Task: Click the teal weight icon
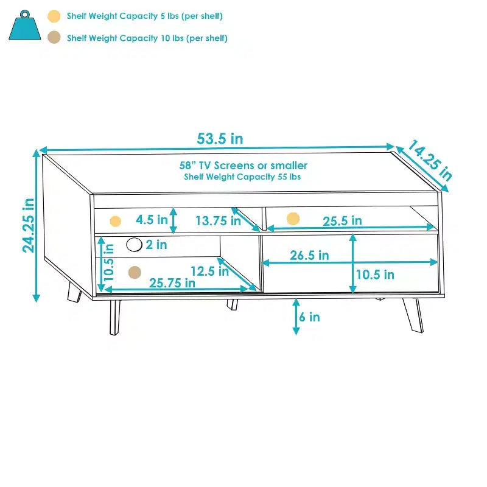[25, 26]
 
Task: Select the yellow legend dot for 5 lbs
[54, 16]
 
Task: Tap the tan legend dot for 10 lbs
[54, 37]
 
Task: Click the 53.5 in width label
[220, 139]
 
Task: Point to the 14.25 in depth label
[430, 160]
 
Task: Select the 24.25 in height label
[28, 225]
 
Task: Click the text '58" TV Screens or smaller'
[243, 165]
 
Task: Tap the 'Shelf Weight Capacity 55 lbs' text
[242, 177]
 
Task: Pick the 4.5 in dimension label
[152, 220]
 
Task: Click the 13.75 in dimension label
[218, 221]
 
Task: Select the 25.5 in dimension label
[342, 221]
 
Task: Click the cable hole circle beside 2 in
[134, 245]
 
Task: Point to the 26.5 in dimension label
[309, 255]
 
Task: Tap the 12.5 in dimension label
[209, 271]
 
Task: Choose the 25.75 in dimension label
[172, 283]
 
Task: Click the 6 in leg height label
[309, 317]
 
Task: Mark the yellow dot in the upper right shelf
[293, 219]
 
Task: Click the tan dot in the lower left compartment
[135, 272]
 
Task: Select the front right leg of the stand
[413, 315]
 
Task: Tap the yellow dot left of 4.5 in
[115, 221]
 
